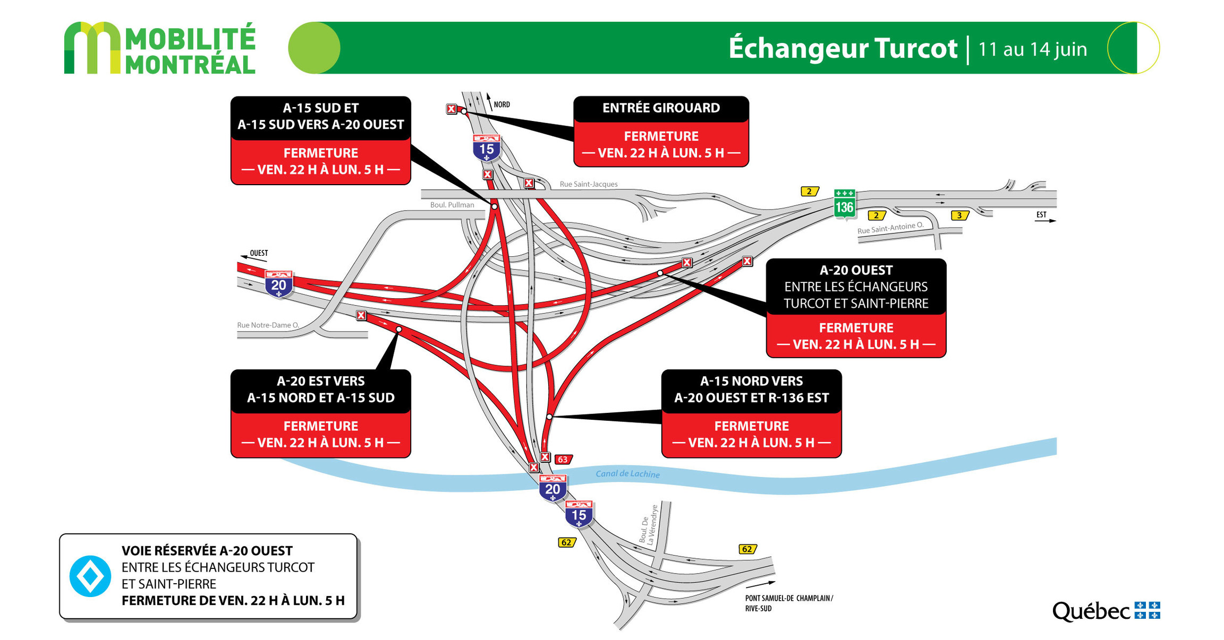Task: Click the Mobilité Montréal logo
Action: [159, 48]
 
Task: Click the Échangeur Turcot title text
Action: [843, 48]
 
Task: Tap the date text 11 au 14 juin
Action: [1032, 49]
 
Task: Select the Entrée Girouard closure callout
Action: [661, 131]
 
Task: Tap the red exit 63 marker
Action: [563, 460]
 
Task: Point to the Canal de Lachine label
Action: [627, 474]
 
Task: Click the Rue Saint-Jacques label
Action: [588, 184]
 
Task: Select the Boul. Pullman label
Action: [452, 205]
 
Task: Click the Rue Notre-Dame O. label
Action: [268, 325]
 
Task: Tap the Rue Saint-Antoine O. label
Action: [890, 228]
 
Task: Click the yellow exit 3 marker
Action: [959, 215]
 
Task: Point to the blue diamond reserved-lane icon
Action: [90, 576]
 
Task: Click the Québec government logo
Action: [1106, 611]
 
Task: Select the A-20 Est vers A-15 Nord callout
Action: [320, 413]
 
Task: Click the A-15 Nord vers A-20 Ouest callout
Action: [751, 413]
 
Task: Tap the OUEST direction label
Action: [259, 253]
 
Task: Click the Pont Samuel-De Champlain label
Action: [788, 603]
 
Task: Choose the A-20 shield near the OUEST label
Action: [278, 284]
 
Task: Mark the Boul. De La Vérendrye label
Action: [649, 524]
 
